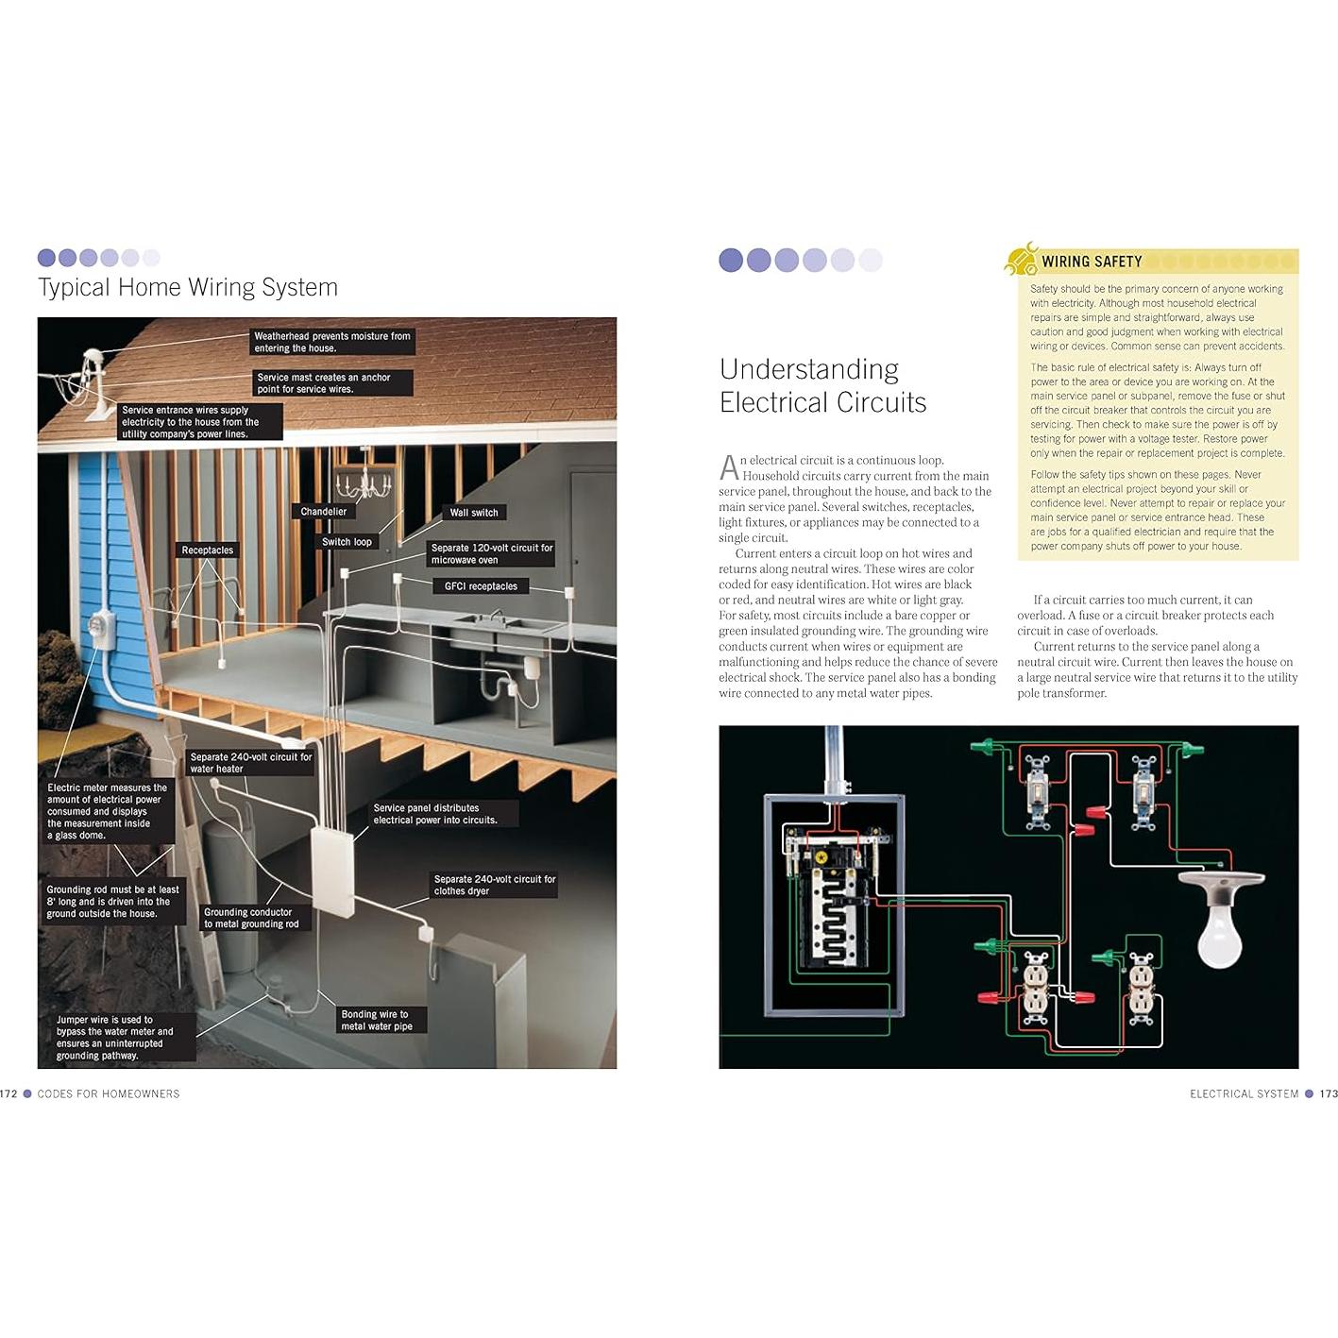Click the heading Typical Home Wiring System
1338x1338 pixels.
tap(188, 287)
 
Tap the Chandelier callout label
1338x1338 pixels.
tap(323, 512)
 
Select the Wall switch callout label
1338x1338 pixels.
tap(474, 513)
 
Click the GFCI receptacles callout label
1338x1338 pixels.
tap(481, 586)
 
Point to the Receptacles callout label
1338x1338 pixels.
tap(207, 550)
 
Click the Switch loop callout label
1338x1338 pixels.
tap(347, 542)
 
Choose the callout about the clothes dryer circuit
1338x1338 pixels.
tap(494, 885)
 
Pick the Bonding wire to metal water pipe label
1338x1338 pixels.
tap(377, 1020)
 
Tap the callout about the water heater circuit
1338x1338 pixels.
tap(250, 763)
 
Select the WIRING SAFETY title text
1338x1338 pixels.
tap(1092, 262)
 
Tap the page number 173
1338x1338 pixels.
tap(1328, 1093)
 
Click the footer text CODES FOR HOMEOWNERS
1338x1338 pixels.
tap(109, 1093)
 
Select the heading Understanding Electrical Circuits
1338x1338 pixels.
tap(822, 385)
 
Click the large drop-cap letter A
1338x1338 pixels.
tap(728, 467)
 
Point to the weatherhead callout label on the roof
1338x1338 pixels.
tap(331, 342)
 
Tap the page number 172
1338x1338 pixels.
tap(9, 1093)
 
